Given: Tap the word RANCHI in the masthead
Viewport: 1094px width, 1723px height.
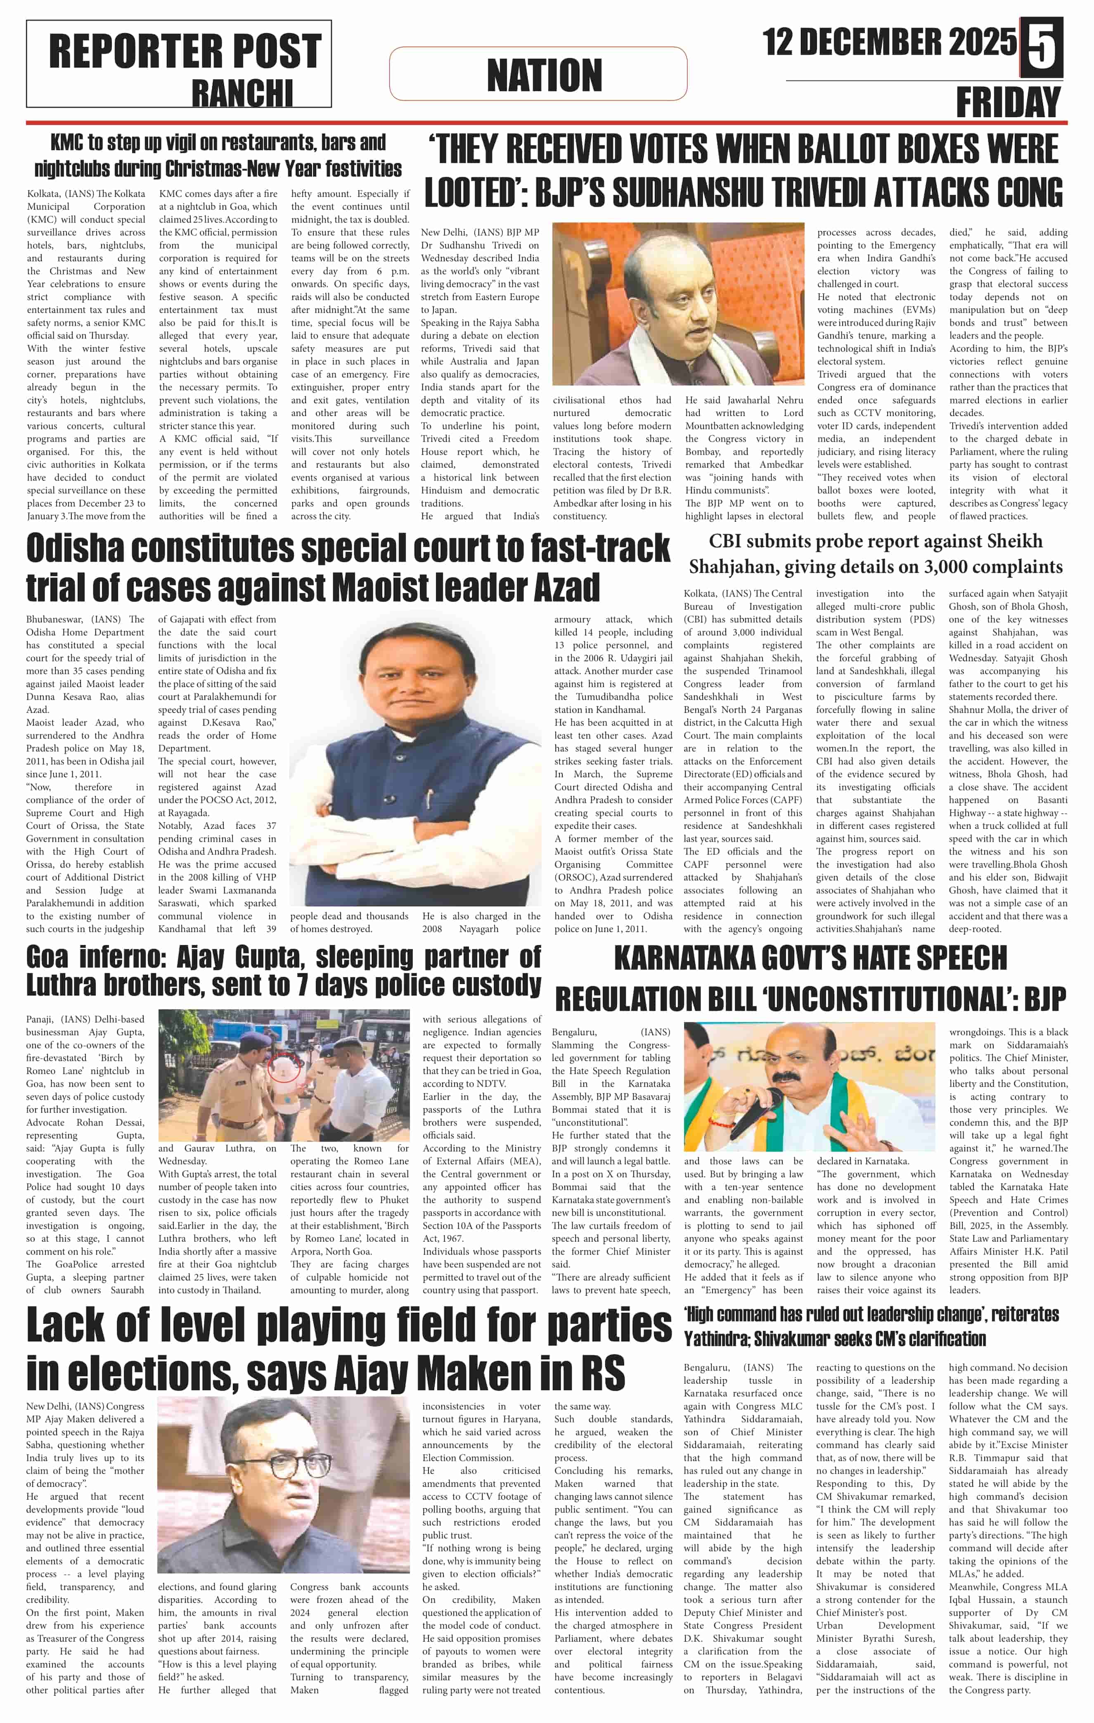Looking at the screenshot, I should point(242,92).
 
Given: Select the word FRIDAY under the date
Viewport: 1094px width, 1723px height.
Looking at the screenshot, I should point(1008,102).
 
